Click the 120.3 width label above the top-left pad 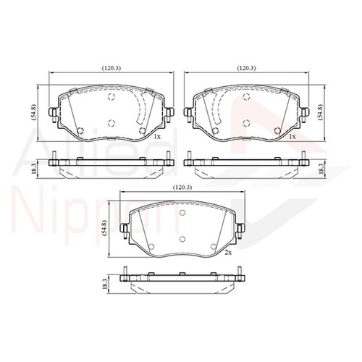coord(111,67)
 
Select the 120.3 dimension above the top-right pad coord(247,67)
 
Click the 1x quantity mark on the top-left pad coord(156,135)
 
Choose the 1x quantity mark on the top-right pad coord(292,135)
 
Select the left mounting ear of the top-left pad coord(53,113)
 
